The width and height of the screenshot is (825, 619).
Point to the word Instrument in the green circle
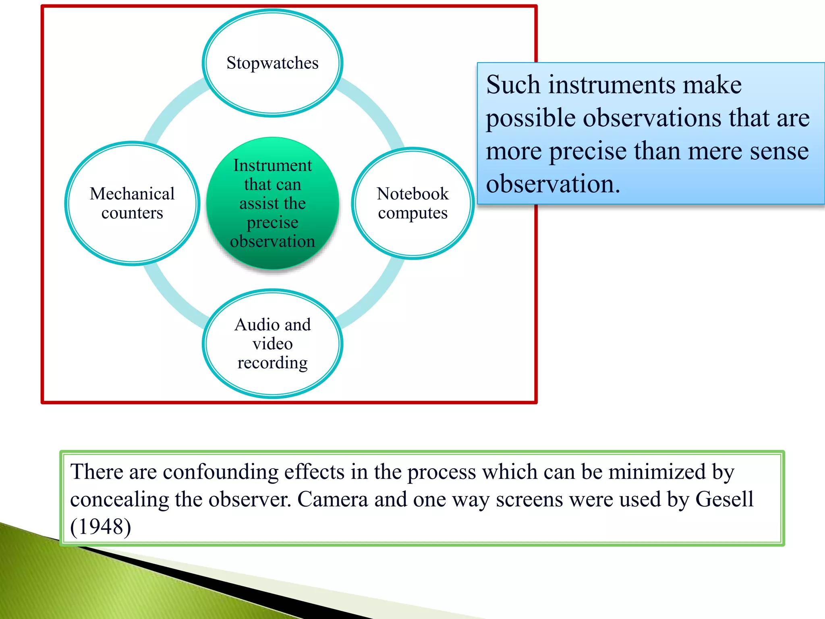click(x=272, y=166)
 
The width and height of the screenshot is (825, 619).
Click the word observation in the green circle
click(x=272, y=241)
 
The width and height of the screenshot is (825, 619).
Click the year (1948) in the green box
click(x=101, y=527)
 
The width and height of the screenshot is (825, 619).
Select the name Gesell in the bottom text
click(x=724, y=499)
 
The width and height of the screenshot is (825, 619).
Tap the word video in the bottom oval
click(x=272, y=344)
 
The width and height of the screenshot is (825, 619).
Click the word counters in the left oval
click(x=132, y=213)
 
